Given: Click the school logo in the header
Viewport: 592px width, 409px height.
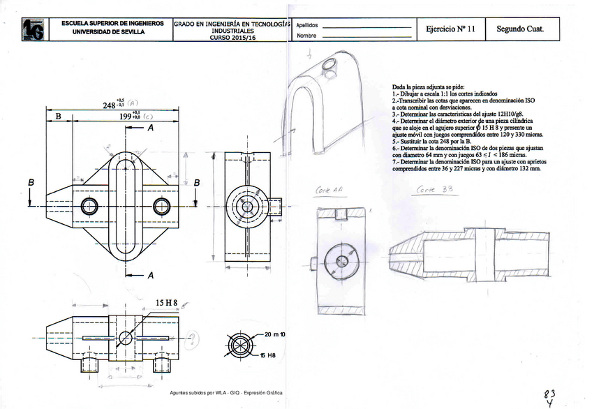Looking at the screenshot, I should coord(33,29).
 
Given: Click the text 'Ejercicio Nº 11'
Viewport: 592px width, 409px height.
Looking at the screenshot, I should coord(450,29).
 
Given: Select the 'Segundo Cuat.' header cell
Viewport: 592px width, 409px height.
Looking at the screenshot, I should coord(519,29).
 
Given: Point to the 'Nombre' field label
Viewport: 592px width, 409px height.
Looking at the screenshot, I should coord(306,36).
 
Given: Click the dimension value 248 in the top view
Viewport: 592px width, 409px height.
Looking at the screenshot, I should coord(109,105).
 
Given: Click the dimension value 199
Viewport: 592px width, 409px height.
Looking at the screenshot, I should coord(126,117).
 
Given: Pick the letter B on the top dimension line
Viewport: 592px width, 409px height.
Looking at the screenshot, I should coord(58,117).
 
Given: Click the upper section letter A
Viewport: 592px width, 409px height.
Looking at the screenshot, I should coord(151,129).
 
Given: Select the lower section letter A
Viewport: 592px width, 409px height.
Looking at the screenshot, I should coord(150,275).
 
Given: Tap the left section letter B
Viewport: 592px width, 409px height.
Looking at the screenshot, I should coord(31,183).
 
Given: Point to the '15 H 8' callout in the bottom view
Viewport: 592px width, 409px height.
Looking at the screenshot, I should coord(166,303).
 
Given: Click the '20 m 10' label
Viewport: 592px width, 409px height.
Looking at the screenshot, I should coord(275,335).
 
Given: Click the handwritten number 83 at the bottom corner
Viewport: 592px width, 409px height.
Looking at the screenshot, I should coord(551,394).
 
